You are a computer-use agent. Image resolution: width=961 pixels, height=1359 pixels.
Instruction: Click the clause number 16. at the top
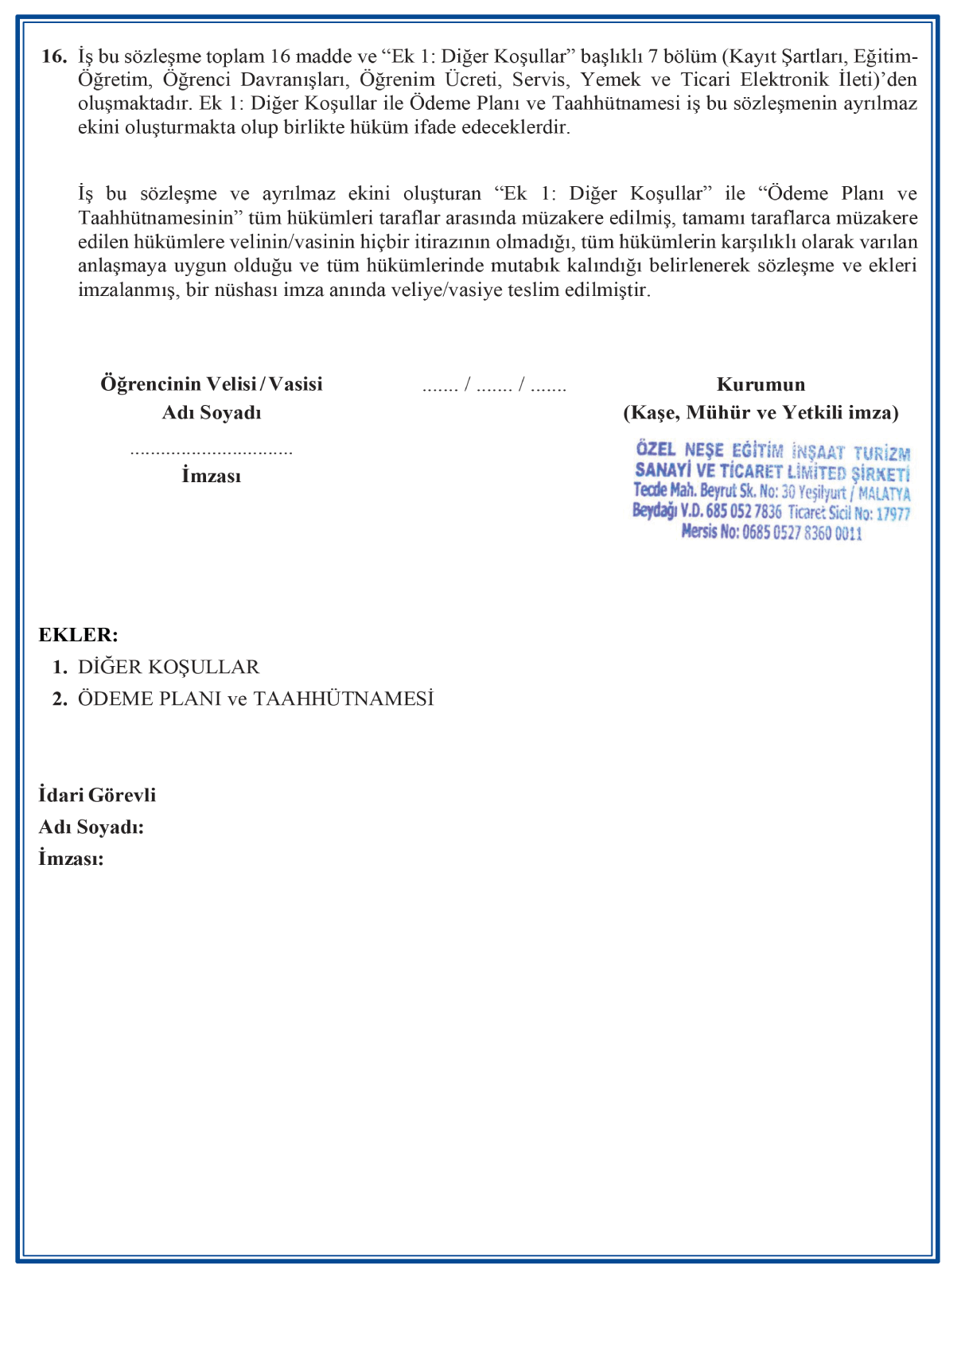point(53,56)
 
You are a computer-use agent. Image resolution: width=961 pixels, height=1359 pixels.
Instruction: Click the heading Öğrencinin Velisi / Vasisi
point(211,384)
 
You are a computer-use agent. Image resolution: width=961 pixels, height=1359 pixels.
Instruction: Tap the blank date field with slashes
point(494,387)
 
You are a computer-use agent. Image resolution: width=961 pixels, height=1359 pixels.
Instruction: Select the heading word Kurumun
point(761,384)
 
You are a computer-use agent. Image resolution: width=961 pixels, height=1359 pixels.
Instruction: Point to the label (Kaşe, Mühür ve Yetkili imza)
point(761,412)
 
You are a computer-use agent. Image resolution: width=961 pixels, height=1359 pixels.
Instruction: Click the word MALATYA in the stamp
point(884,494)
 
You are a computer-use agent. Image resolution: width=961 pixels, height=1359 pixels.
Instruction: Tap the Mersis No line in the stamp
point(771,532)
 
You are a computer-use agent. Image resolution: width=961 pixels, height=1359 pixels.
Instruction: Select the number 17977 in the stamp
point(893,514)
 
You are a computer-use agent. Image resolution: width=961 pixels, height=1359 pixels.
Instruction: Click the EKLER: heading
point(78,635)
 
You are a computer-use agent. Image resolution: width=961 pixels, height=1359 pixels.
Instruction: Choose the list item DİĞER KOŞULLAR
point(169,667)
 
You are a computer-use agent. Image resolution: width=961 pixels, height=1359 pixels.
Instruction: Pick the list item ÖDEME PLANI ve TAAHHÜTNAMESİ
point(255,699)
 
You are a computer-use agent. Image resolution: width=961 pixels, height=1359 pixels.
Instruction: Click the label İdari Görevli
point(97,795)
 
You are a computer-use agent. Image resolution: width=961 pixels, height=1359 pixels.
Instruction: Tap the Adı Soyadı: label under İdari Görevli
point(91,827)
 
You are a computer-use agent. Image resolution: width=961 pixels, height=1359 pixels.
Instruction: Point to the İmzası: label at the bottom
point(71,859)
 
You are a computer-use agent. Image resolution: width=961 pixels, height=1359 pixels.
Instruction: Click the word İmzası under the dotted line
point(211,476)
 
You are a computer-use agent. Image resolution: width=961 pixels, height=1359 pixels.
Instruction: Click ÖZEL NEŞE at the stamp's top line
point(679,450)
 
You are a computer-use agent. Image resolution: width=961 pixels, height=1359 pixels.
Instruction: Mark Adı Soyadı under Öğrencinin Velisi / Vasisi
point(211,412)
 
